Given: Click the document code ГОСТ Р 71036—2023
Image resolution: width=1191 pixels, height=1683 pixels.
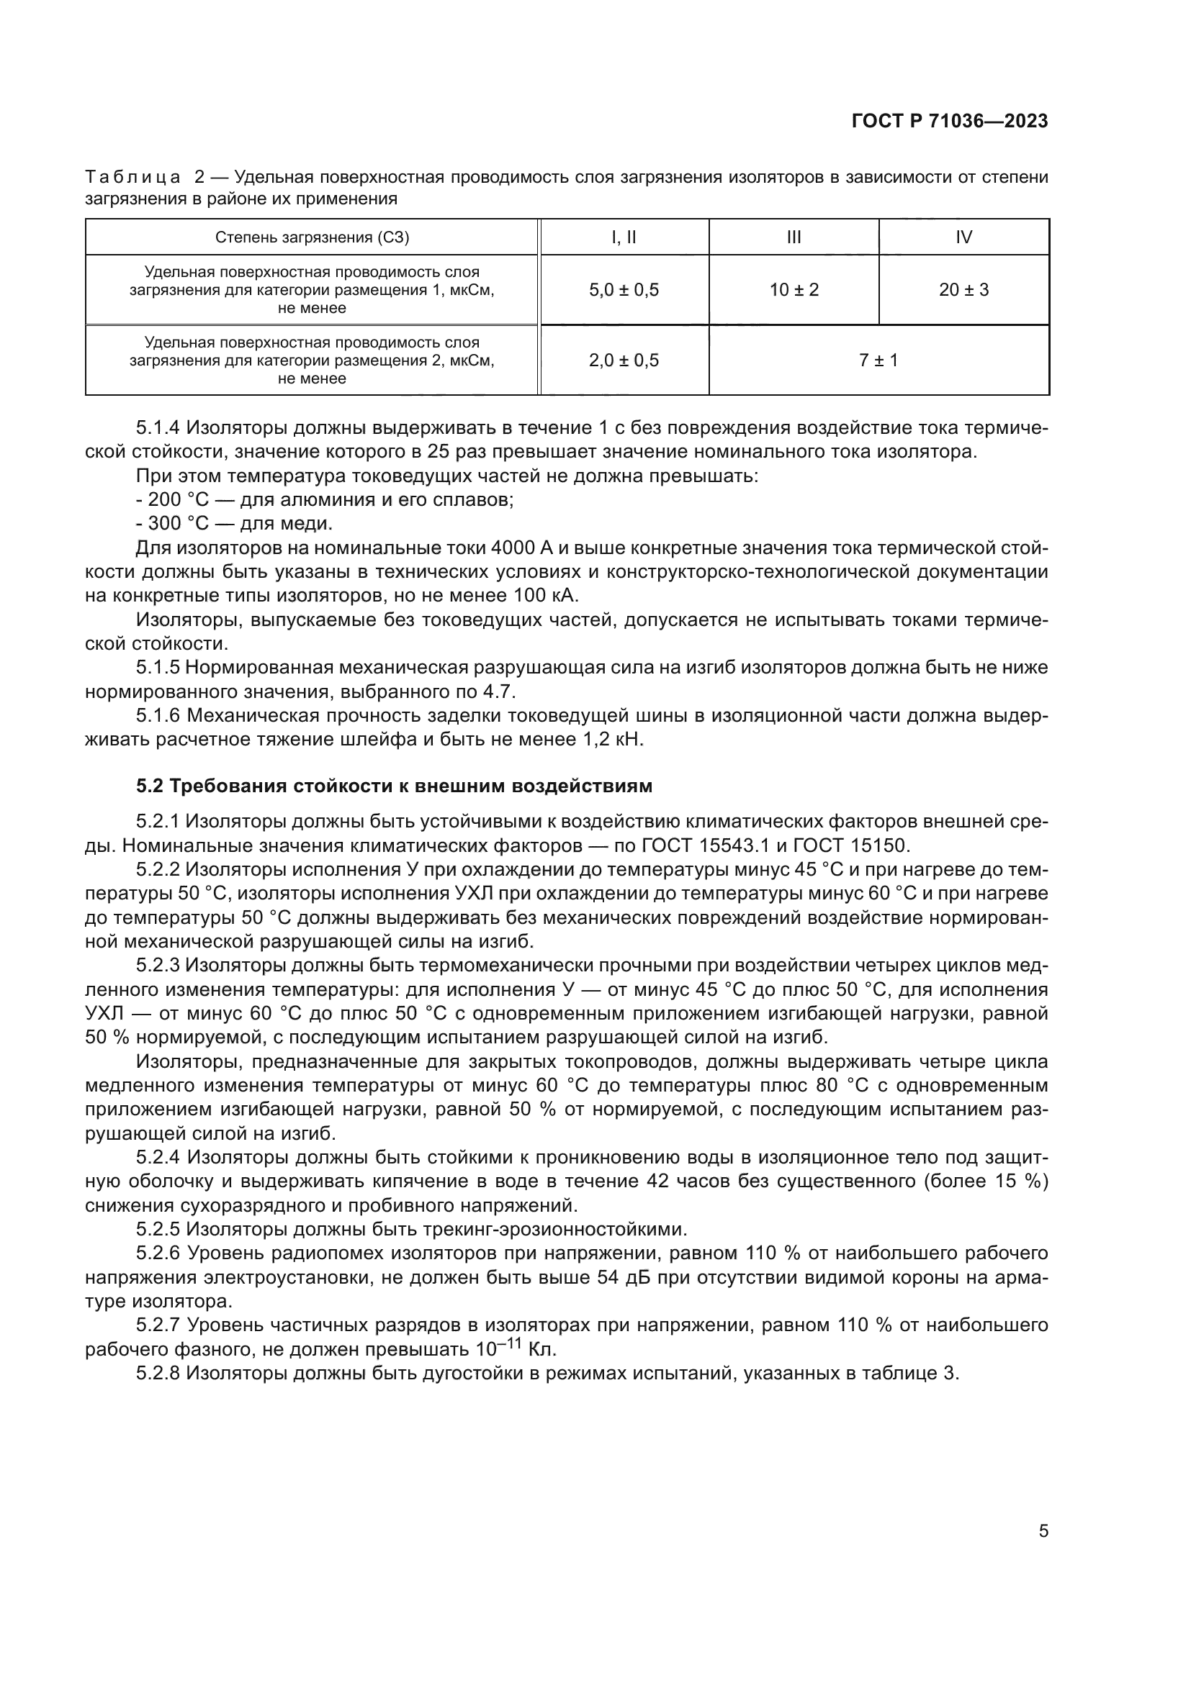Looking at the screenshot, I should point(949,122).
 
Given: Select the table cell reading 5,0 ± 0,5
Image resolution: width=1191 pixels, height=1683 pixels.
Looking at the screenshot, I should point(624,290).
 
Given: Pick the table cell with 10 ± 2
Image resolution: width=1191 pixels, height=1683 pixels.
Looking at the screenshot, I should point(794,290).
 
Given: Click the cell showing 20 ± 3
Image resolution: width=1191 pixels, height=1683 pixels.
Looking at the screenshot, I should point(963,290).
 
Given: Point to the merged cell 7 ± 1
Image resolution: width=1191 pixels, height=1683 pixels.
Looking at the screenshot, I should point(878,360).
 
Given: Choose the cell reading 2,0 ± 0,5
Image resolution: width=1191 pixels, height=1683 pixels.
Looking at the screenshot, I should point(624,360).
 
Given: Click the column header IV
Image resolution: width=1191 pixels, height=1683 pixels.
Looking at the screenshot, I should point(963,237).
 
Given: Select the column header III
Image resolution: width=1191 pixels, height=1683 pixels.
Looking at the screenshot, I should point(794,237).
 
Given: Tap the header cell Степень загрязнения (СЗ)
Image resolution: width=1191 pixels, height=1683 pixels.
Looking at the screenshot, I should point(312,237).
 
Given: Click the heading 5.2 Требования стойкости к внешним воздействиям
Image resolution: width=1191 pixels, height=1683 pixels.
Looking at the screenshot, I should point(394,786).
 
